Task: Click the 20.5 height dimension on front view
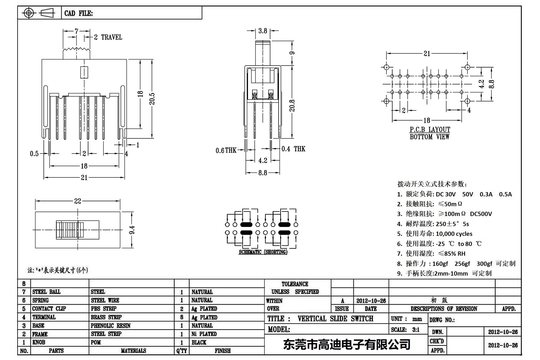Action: (x=152, y=98)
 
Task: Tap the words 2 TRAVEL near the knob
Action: (x=108, y=37)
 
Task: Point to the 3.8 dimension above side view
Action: (x=262, y=31)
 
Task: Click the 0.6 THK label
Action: (x=226, y=150)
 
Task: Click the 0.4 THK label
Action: (x=294, y=149)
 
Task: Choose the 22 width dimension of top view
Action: (x=78, y=201)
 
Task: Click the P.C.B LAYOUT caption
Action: (x=430, y=129)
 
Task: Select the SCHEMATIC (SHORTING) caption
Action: (x=263, y=252)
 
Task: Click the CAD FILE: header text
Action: (x=79, y=13)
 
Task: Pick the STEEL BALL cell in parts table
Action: (x=46, y=292)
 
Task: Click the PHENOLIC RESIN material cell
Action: (x=110, y=326)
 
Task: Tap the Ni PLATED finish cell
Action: (x=204, y=334)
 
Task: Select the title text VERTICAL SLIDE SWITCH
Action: (x=335, y=319)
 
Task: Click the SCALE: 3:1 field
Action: (x=405, y=330)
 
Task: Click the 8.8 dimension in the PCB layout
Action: (x=491, y=84)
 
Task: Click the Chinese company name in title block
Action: (x=347, y=344)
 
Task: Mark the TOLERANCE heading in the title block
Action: (x=295, y=284)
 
